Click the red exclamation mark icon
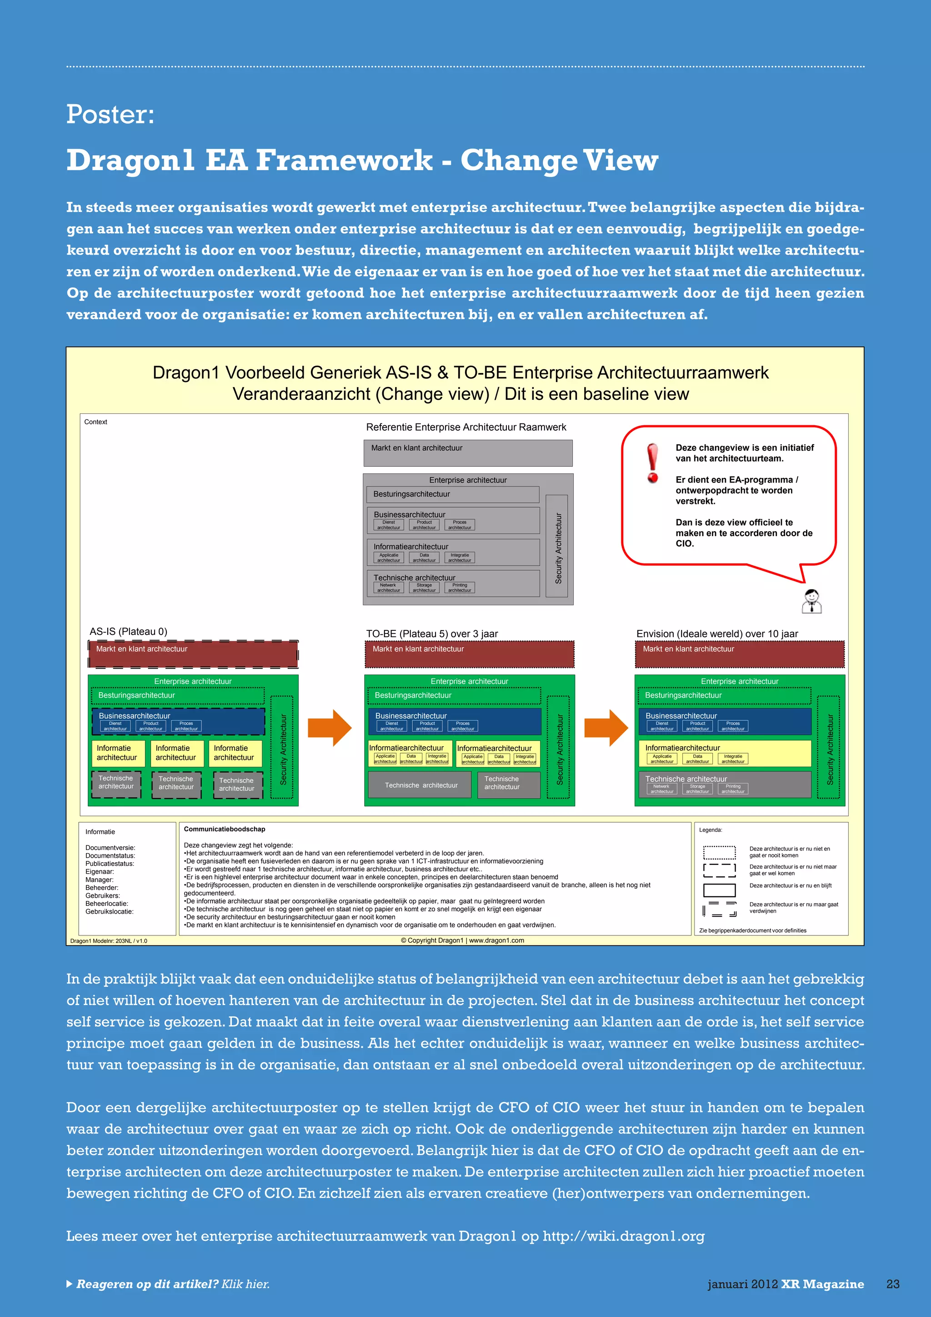[652, 463]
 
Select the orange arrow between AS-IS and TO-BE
[330, 728]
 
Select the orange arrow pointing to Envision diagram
[606, 728]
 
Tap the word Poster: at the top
[110, 114]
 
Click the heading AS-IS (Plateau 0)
[128, 632]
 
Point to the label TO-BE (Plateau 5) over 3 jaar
[432, 634]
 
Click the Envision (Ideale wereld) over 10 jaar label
[716, 634]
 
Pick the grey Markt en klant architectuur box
[468, 452]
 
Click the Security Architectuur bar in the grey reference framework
[557, 546]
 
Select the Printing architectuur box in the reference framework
[459, 588]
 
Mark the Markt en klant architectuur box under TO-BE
[469, 654]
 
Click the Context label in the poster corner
[96, 422]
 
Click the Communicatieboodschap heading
[224, 829]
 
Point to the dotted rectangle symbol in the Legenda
[719, 852]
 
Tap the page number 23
[893, 1284]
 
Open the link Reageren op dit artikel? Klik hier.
[172, 1284]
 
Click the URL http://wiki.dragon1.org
[623, 1236]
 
